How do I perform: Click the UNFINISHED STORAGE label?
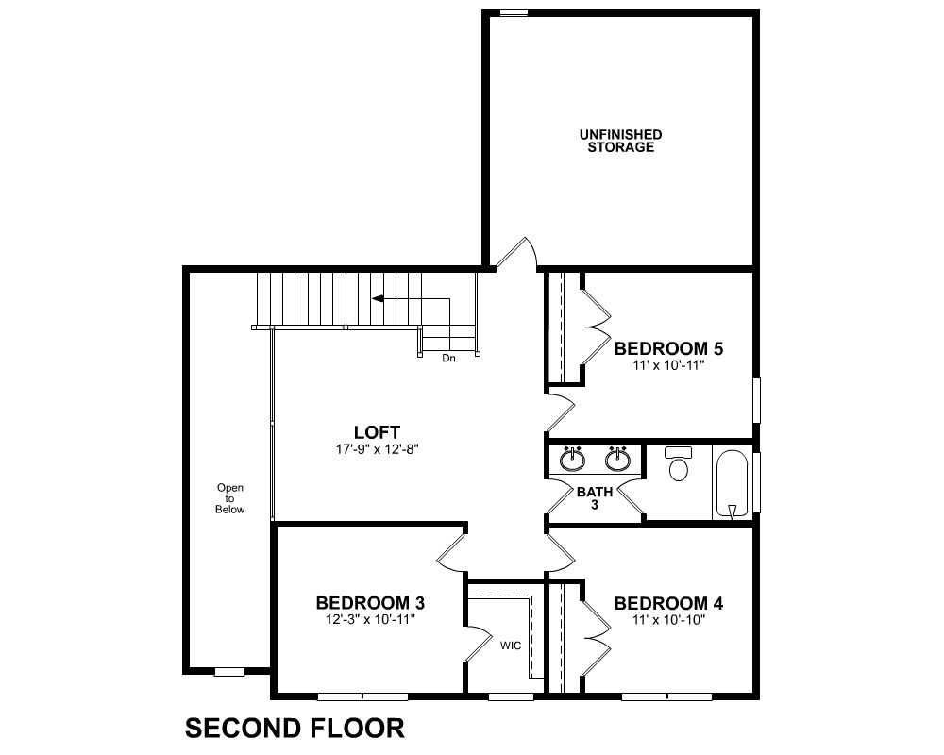coord(621,141)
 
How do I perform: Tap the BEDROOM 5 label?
coord(668,348)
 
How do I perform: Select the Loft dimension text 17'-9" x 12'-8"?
coord(377,449)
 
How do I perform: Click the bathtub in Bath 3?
coord(733,483)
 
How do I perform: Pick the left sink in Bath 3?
coord(571,460)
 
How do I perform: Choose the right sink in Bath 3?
coord(617,460)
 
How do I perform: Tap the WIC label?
coord(511,646)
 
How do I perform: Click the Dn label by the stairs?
coord(448,359)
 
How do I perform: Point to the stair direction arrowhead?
coord(379,298)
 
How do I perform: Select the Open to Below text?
coord(230,498)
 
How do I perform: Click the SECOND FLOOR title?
coord(295,728)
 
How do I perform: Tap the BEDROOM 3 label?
coord(370,603)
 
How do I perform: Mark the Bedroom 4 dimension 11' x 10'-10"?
coord(669,619)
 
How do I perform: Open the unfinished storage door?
coord(516,252)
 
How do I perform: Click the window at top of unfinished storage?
coord(514,12)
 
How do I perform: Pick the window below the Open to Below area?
coord(230,671)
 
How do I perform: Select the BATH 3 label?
coord(595,498)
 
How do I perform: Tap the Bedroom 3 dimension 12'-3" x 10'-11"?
coord(371,619)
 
